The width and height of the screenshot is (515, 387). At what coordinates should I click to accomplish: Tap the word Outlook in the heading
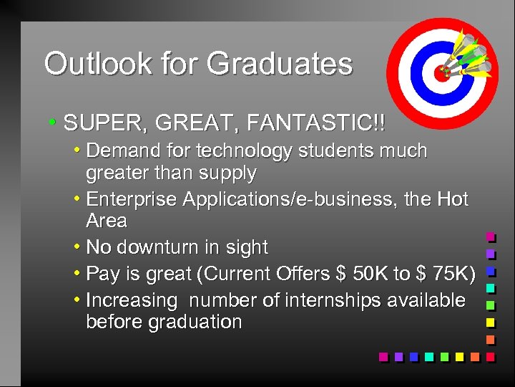[87, 64]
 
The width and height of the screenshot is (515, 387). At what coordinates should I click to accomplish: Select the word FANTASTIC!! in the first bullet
[315, 123]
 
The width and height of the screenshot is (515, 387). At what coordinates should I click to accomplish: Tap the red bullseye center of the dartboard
[441, 72]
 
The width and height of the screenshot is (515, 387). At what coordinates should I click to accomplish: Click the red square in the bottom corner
[490, 356]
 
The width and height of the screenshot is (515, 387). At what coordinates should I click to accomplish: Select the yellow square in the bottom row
[459, 356]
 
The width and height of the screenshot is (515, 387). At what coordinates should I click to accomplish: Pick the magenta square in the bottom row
[383, 356]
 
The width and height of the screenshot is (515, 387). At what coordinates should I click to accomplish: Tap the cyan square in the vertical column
[491, 288]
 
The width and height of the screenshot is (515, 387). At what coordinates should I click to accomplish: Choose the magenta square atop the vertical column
[491, 236]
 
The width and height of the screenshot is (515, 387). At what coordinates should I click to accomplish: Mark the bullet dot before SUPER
[52, 122]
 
